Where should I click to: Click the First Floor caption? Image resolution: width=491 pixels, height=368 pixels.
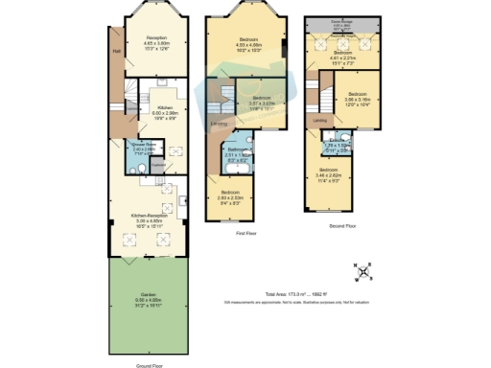[x=245, y=233]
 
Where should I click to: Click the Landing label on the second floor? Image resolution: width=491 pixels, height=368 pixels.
[x=317, y=121]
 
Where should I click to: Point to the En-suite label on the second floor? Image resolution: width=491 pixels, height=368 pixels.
[x=336, y=145]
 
